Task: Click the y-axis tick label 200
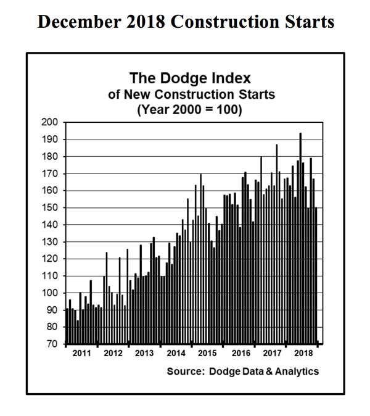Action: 49,122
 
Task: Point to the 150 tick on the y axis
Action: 49,208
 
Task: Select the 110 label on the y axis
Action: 49,276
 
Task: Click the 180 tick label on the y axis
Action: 49,157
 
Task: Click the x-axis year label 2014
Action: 176,354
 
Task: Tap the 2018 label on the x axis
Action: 303,354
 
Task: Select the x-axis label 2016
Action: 239,354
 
